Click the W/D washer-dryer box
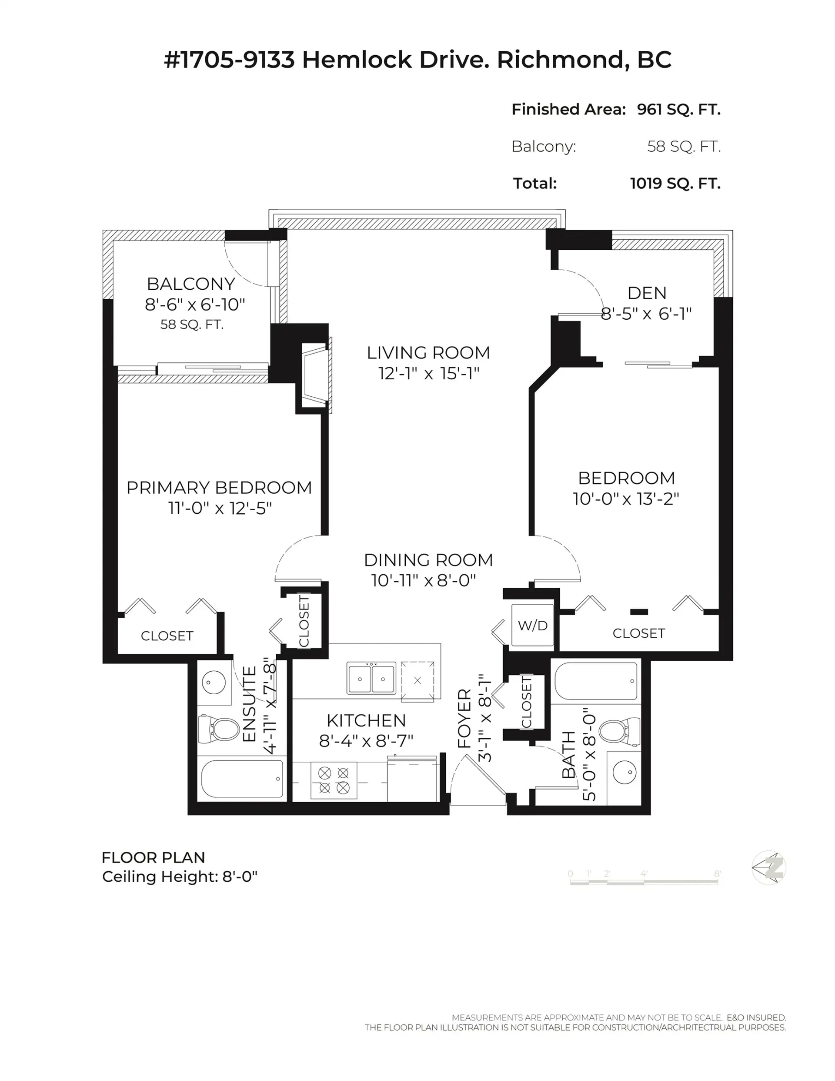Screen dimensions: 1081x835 pyautogui.click(x=532, y=625)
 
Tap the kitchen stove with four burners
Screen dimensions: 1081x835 pyautogui.click(x=334, y=780)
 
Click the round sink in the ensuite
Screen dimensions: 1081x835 pyautogui.click(x=214, y=683)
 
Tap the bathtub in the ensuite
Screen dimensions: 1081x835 pyautogui.click(x=242, y=779)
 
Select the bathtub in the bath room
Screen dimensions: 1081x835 pyautogui.click(x=596, y=681)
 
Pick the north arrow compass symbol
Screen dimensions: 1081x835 pyautogui.click(x=768, y=868)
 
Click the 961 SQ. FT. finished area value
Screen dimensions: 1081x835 pyautogui.click(x=678, y=109)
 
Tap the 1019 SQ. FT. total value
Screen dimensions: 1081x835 pyautogui.click(x=675, y=184)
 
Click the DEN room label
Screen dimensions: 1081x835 pyautogui.click(x=646, y=293)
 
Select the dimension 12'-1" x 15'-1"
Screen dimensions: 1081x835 pyautogui.click(x=429, y=374)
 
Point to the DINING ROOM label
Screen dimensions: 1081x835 pyautogui.click(x=428, y=560)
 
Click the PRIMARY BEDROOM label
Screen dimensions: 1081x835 pyautogui.click(x=219, y=488)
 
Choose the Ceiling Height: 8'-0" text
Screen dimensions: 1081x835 pyautogui.click(x=180, y=877)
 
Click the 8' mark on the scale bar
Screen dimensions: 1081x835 pyautogui.click(x=717, y=874)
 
